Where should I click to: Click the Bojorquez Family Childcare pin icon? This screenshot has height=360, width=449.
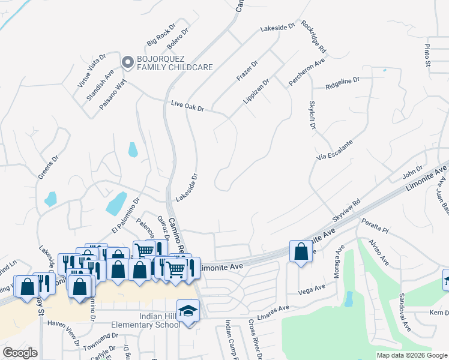(x=127, y=62)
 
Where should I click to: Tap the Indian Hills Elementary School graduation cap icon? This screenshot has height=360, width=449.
(x=188, y=311)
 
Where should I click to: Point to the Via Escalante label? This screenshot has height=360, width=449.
(x=334, y=150)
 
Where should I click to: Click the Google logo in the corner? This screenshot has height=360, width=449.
(x=20, y=353)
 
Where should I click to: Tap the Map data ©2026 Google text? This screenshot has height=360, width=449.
(x=411, y=355)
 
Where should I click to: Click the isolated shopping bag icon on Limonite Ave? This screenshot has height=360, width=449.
(x=301, y=251)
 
